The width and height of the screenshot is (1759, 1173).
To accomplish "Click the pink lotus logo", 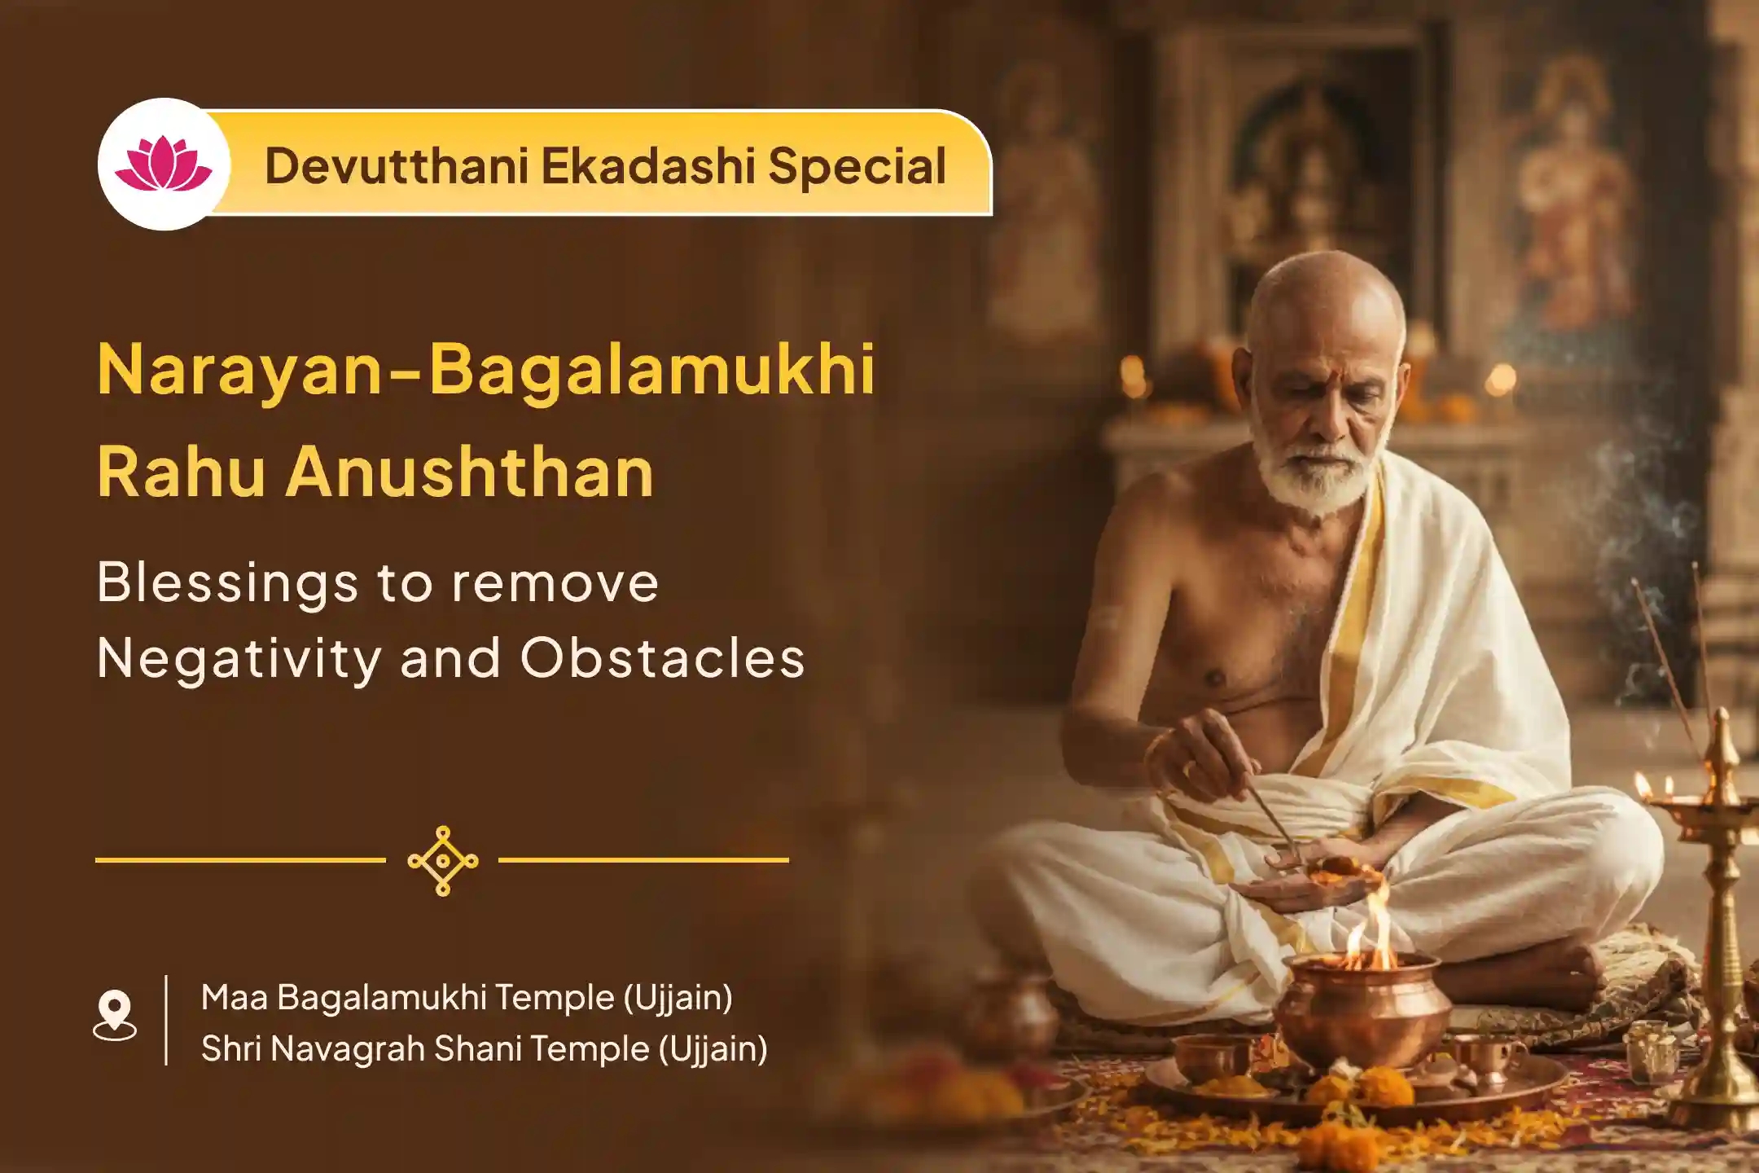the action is tap(164, 164).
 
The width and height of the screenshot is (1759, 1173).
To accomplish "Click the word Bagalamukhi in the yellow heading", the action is tap(652, 370).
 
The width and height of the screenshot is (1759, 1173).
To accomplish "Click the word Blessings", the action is tap(227, 585).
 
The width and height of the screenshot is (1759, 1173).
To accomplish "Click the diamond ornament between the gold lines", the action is tap(442, 861).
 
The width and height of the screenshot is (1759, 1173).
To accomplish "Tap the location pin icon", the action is tap(115, 1015).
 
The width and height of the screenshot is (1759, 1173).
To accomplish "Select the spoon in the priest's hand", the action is tap(1271, 823).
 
